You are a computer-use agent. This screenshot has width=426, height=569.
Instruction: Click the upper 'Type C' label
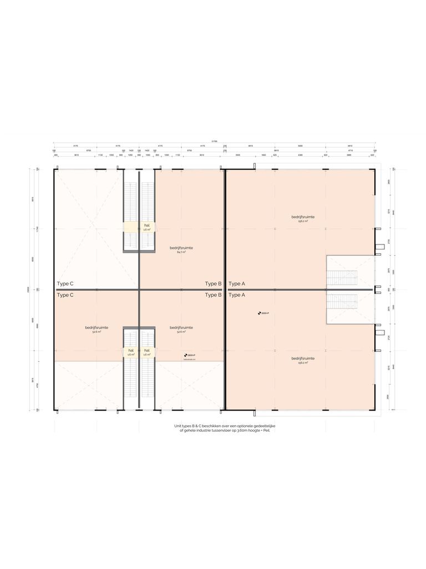point(65,283)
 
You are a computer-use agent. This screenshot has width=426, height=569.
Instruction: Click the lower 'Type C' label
point(65,295)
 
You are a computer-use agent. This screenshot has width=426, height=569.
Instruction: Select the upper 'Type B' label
point(213,283)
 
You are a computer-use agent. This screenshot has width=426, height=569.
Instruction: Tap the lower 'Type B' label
point(213,295)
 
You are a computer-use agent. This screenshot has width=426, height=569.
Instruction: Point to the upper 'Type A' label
point(237,283)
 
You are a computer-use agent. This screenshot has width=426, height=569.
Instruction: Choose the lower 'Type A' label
point(237,295)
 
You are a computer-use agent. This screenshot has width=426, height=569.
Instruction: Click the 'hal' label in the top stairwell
point(147,225)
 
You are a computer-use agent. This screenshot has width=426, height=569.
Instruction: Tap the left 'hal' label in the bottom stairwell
point(131,351)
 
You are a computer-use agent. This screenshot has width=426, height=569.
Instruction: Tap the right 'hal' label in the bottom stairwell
point(147,351)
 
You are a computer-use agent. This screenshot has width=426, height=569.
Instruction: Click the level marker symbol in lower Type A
point(259,313)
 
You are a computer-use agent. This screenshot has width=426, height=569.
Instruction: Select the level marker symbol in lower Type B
point(185,355)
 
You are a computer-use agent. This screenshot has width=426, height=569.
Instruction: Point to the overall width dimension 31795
point(214,141)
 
